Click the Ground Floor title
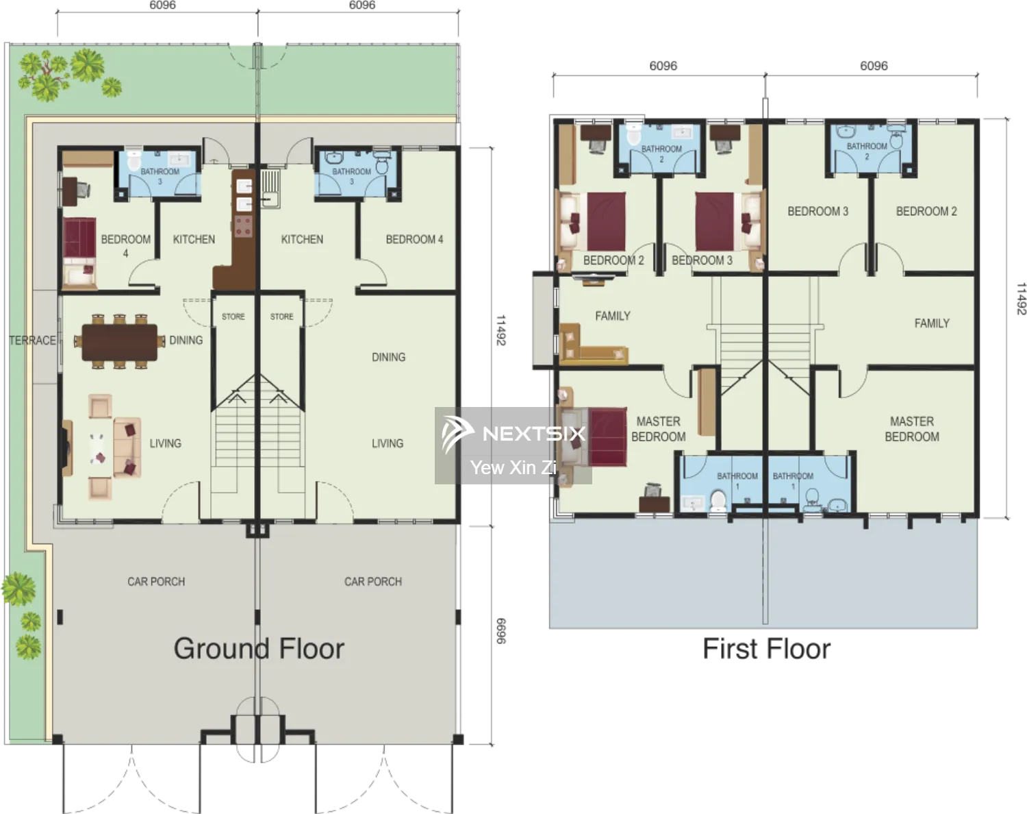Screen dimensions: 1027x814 [x=259, y=649]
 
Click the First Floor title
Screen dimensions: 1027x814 [x=766, y=649]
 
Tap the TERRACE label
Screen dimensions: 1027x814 [x=32, y=341]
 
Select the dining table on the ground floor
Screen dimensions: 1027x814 [x=119, y=341]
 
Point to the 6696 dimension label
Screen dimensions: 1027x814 [x=500, y=631]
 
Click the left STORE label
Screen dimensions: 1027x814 [x=233, y=317]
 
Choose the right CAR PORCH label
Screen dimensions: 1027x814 [x=373, y=582]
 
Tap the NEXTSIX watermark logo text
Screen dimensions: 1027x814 [x=534, y=434]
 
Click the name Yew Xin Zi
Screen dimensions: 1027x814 [x=513, y=467]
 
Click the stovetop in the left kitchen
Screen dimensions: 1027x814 [x=243, y=226]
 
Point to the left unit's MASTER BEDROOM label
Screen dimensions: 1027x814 [x=659, y=429]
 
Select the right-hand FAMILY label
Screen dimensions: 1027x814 [x=932, y=323]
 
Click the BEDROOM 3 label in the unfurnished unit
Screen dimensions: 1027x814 [x=818, y=211]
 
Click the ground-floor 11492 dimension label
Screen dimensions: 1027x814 [x=500, y=330]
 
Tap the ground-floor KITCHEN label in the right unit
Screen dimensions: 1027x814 [x=302, y=239]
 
